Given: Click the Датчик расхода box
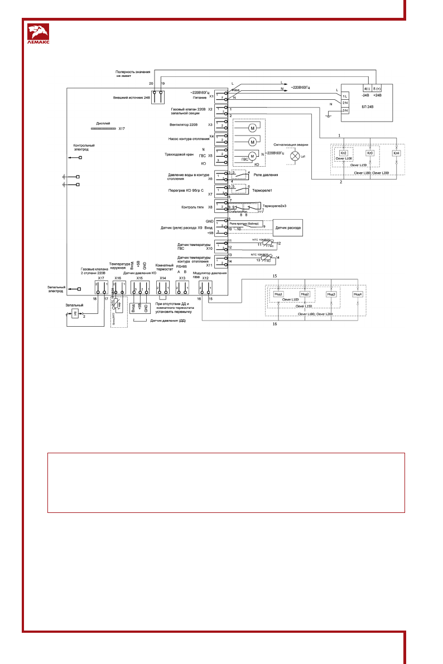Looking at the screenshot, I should tap(290, 227).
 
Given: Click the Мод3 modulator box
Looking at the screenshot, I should tap(331, 294).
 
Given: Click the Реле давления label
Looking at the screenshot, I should tap(266, 175).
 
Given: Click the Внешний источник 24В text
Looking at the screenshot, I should tap(132, 97).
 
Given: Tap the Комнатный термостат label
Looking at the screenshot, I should tap(163, 266).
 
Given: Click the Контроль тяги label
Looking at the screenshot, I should tap(192, 207).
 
